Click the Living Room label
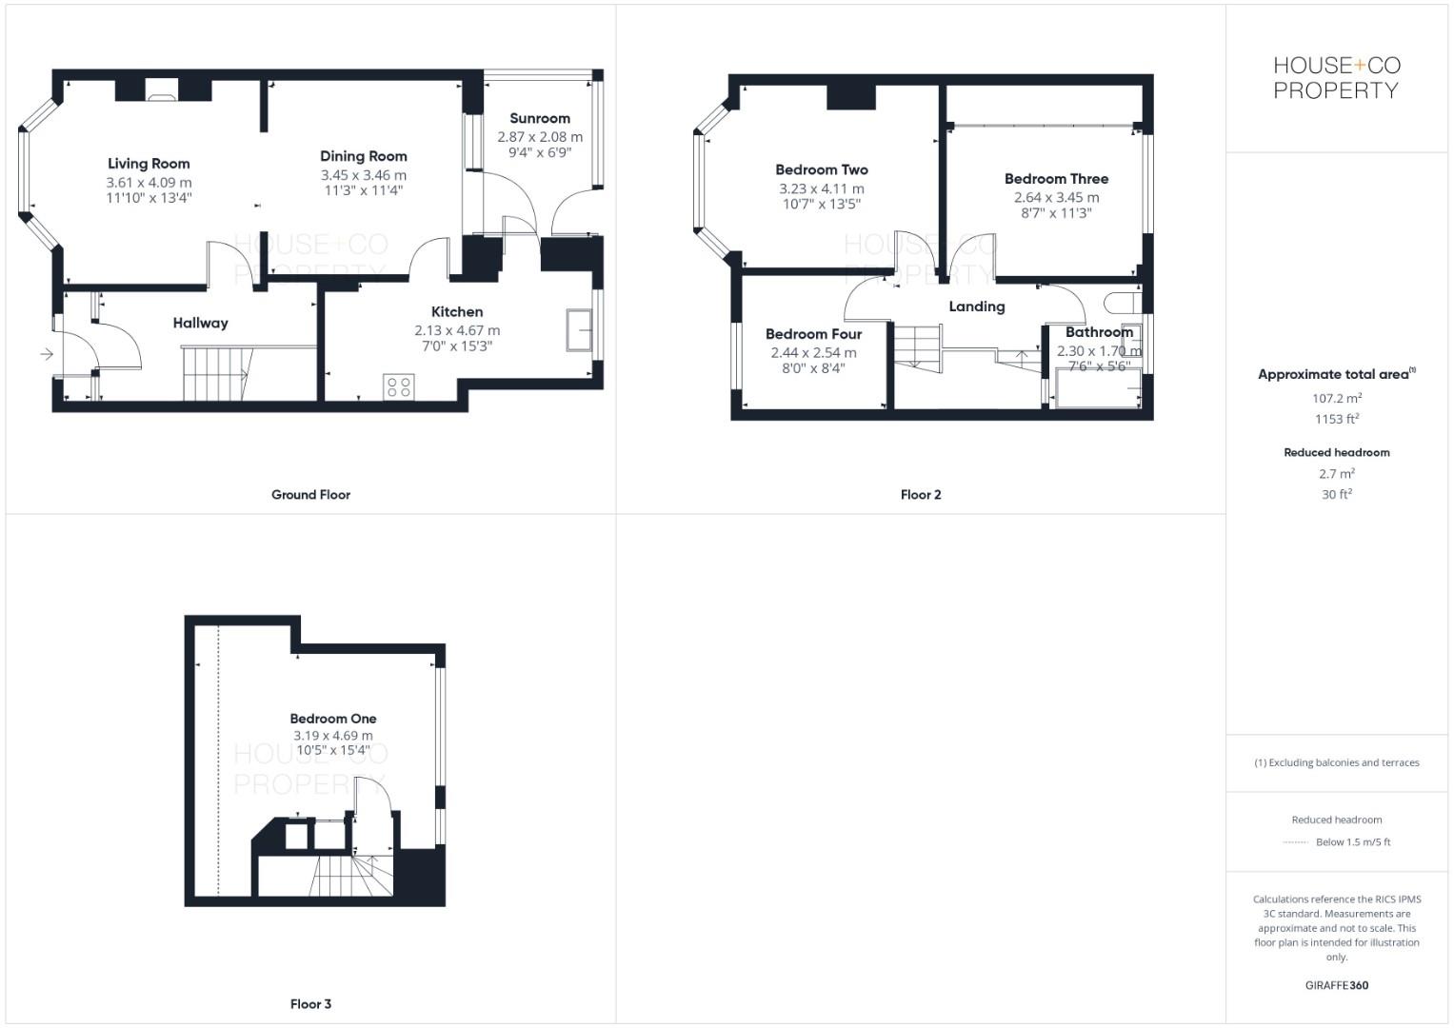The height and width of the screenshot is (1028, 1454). click(x=149, y=164)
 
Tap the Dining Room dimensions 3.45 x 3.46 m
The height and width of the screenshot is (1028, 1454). click(x=363, y=175)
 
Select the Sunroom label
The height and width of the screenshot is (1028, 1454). click(x=539, y=118)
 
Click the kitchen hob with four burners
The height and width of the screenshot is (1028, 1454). click(x=399, y=386)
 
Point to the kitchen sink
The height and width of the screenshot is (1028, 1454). click(x=579, y=329)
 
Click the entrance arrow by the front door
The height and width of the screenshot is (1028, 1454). click(x=47, y=355)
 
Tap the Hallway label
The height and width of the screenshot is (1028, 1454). click(x=200, y=323)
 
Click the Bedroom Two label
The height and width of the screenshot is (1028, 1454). click(x=821, y=169)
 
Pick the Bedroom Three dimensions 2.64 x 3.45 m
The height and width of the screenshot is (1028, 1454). click(x=1056, y=197)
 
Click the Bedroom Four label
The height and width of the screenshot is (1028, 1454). click(x=813, y=334)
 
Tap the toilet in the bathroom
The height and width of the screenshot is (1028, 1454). click(x=1121, y=303)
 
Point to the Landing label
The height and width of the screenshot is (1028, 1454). click(x=976, y=306)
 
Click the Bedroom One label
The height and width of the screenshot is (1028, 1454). click(x=333, y=719)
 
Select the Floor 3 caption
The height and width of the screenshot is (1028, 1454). click(x=310, y=1004)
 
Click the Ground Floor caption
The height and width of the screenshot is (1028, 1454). click(x=310, y=495)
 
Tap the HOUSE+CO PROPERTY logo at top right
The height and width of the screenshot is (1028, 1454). click(x=1336, y=78)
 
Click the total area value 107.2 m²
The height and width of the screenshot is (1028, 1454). click(x=1336, y=398)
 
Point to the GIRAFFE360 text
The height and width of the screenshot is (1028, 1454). click(x=1336, y=985)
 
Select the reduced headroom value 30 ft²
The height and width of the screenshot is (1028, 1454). click(x=1336, y=494)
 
